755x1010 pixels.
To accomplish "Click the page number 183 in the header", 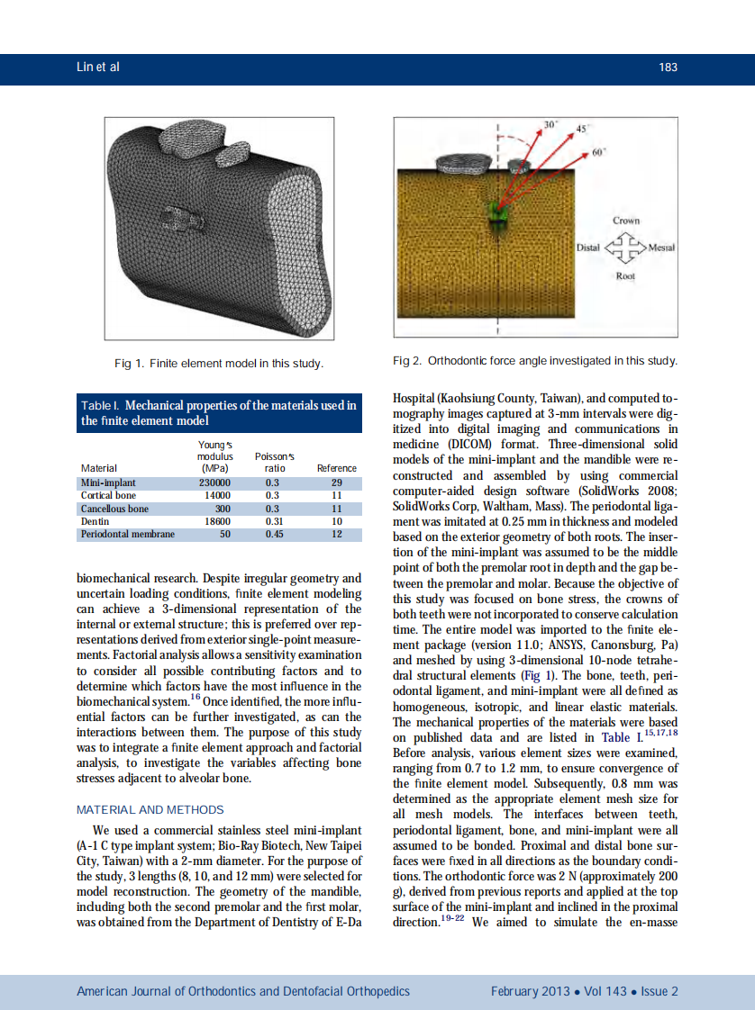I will coord(668,68).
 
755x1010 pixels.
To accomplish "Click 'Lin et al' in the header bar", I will coord(98,68).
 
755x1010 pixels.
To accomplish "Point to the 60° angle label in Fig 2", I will coord(597,152).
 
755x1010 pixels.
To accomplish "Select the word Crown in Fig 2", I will coord(626,221).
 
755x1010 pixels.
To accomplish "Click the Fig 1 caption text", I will coord(218,364).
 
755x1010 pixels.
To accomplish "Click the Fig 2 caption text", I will coord(535,361).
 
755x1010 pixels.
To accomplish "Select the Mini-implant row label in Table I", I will coord(108,482).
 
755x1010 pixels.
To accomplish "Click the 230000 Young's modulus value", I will coord(215,482).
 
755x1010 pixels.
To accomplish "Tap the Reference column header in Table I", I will coord(337,468).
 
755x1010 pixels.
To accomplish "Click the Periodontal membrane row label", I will coord(128,534).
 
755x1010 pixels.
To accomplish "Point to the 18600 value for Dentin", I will coord(217,521).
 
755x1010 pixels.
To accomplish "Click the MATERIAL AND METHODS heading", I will coord(150,809).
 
